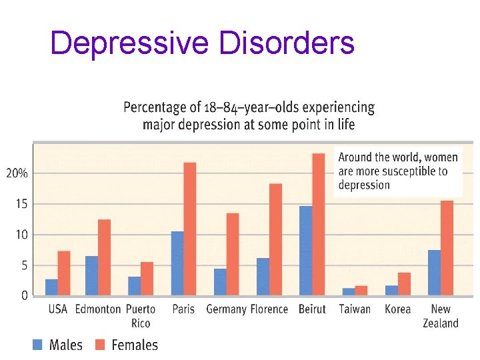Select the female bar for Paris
pos(190,229)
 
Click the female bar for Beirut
pos(319,224)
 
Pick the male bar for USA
pos(51,287)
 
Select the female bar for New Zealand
pos(447,247)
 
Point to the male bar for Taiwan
pos(349,291)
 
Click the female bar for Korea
pos(404,283)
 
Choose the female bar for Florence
pos(275,239)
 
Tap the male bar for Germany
pos(220,281)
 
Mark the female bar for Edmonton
pos(104,257)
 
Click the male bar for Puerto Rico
pos(134,285)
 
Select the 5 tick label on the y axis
pos(23,265)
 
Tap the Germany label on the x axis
pos(226,309)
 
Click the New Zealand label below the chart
pos(441,316)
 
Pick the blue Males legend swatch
pos(37,345)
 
